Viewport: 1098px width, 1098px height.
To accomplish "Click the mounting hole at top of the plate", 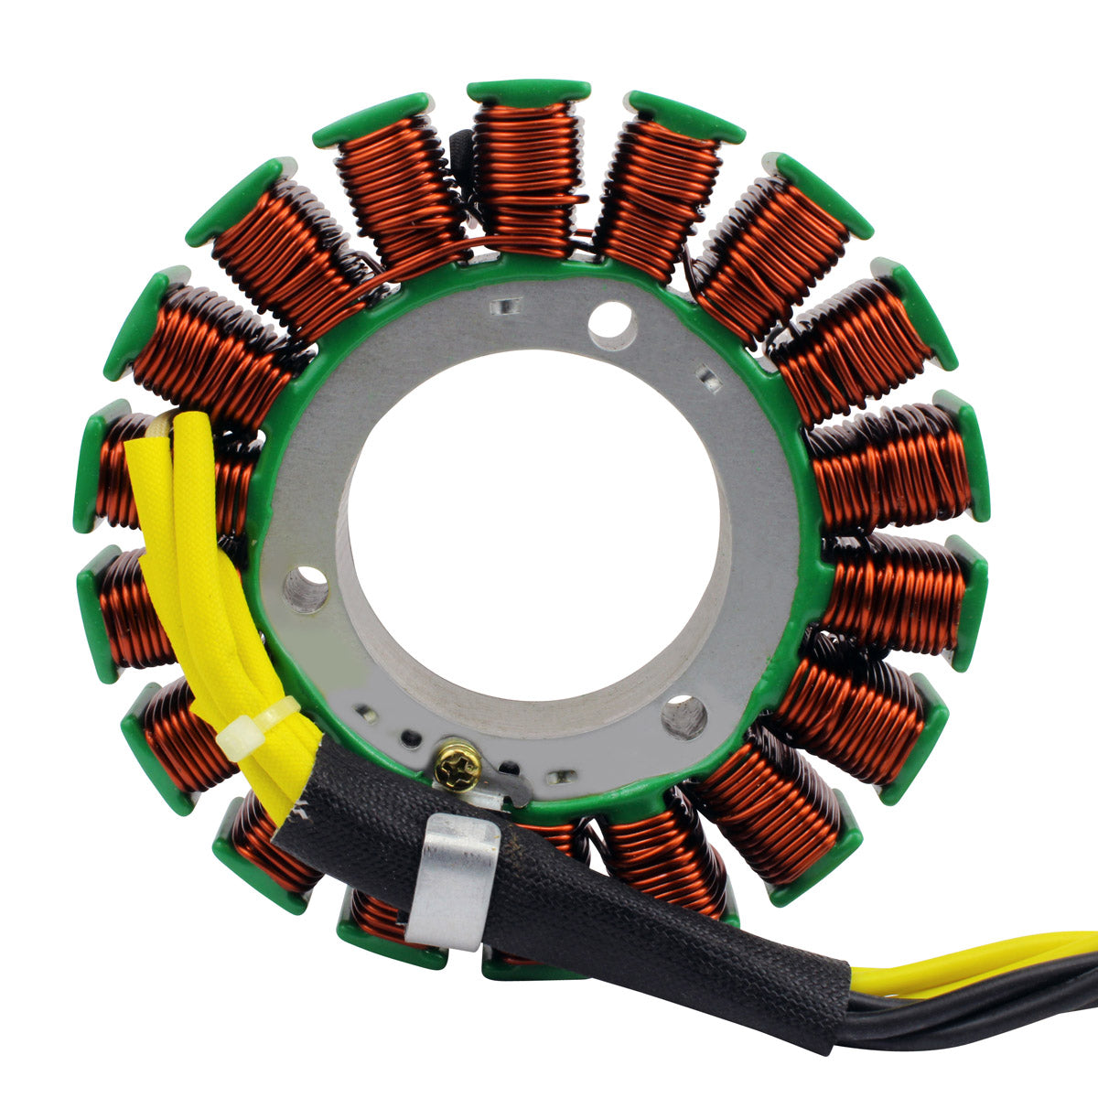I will [612, 325].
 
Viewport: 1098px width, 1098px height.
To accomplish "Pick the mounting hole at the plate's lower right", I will [684, 716].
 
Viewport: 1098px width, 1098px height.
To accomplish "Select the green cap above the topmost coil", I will [528, 91].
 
